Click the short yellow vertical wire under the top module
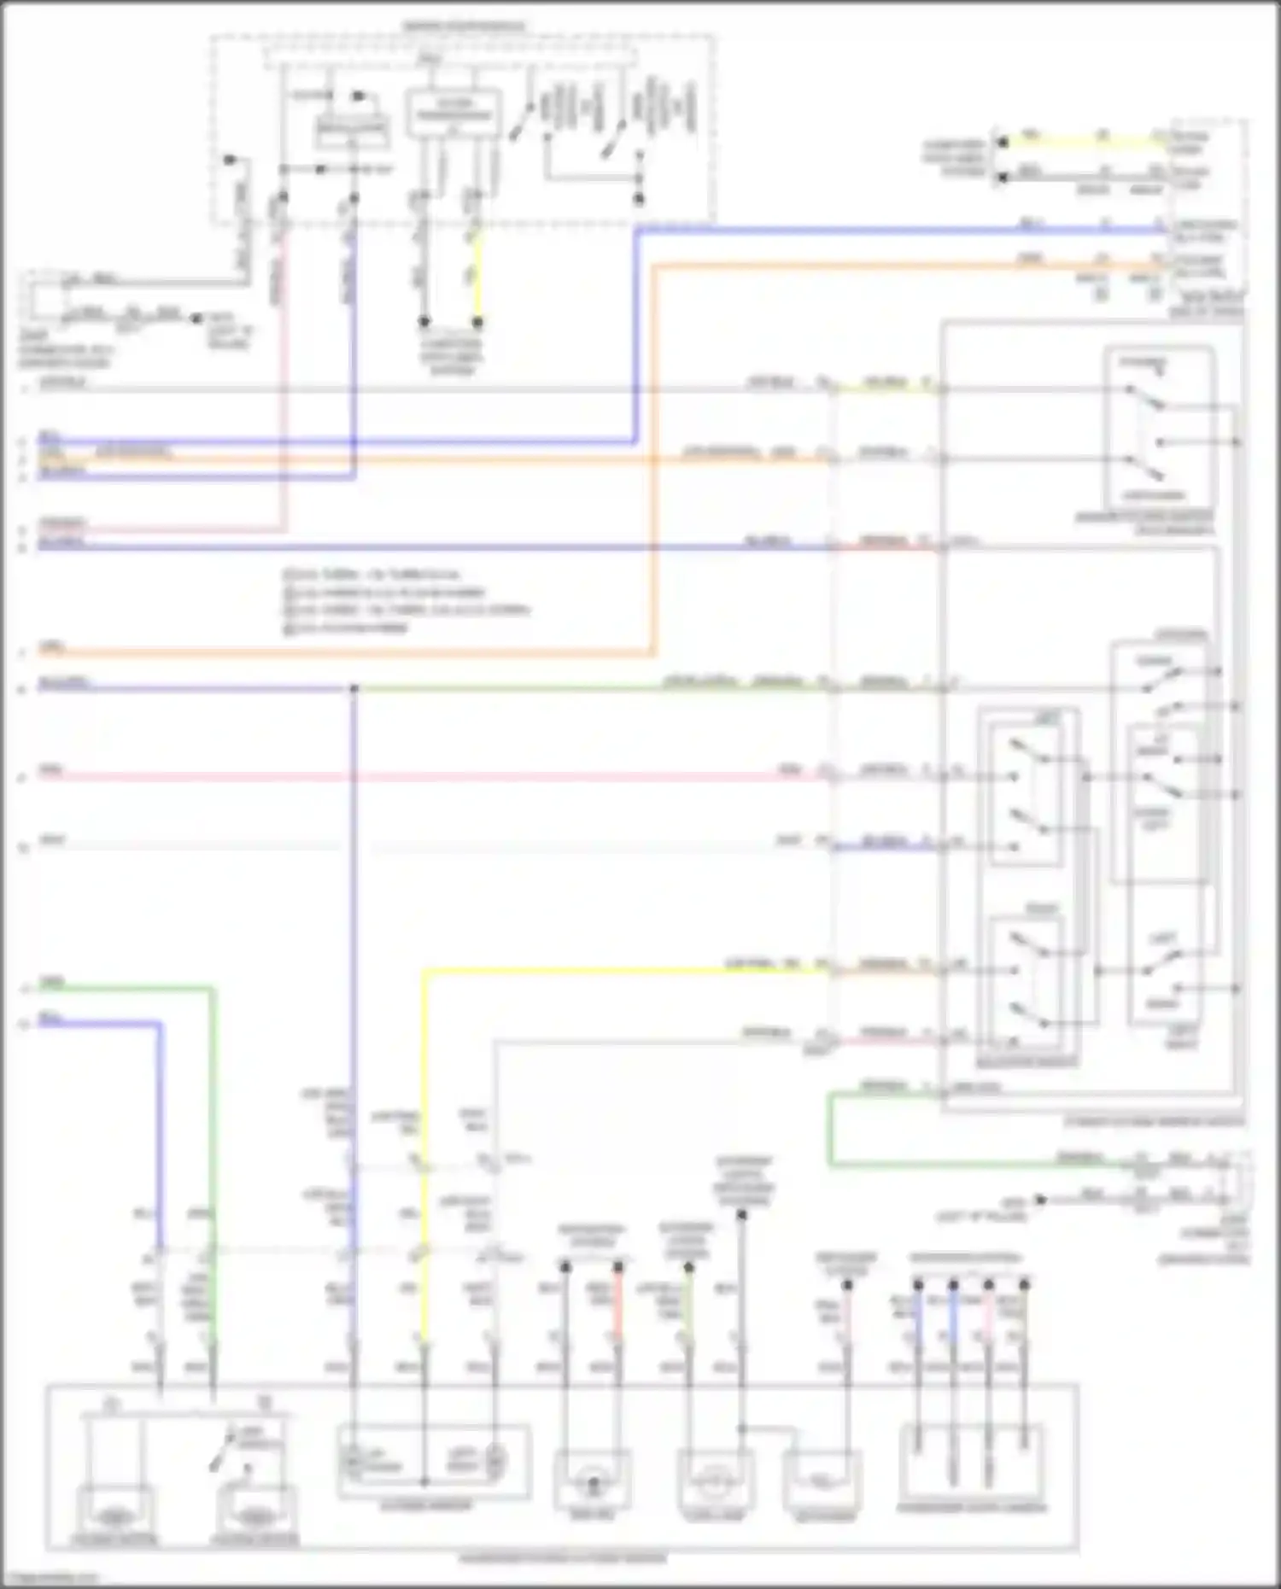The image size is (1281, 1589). tap(477, 273)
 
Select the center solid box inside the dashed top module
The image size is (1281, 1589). tap(453, 114)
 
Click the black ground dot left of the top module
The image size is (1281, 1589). tap(229, 160)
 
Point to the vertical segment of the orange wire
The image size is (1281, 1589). tap(654, 461)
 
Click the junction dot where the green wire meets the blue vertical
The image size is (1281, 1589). tap(354, 688)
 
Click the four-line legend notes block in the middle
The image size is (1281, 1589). tap(406, 601)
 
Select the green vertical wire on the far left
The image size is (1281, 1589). tap(213, 1110)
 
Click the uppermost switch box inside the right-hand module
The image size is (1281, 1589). tap(1159, 427)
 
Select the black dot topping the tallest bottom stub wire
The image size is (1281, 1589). tap(742, 1213)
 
